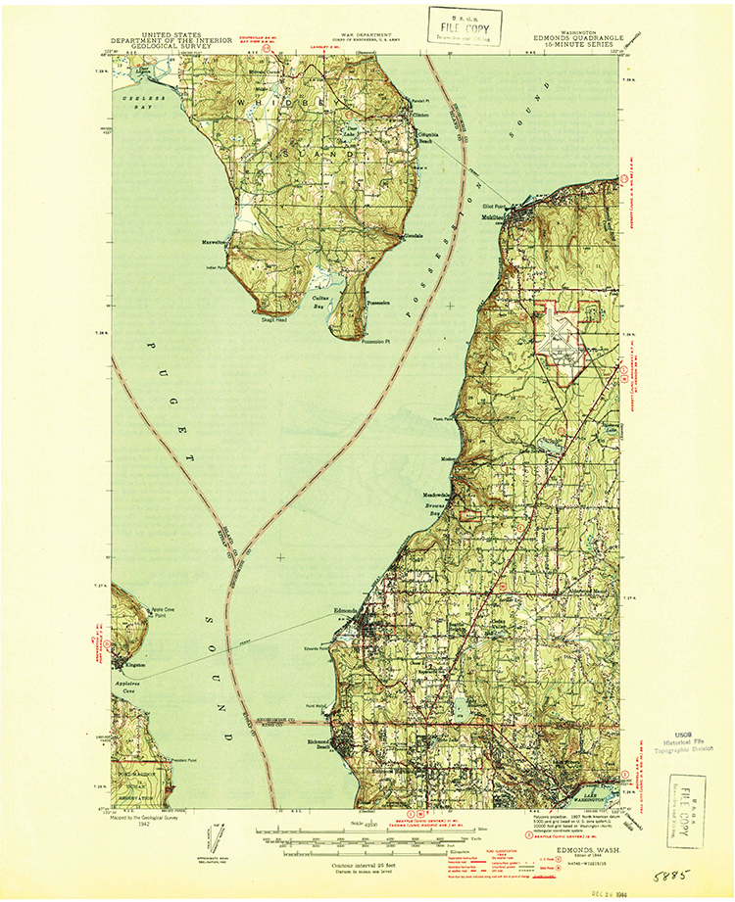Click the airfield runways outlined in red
click(563, 338)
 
